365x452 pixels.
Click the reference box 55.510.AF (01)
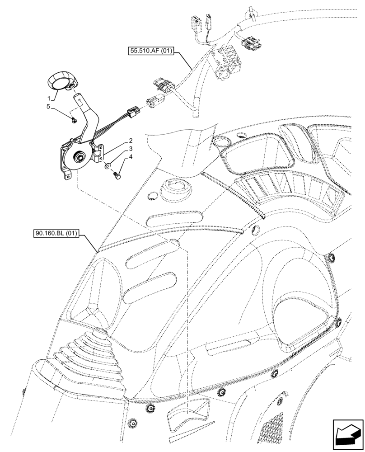pyautogui.click(x=150, y=52)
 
